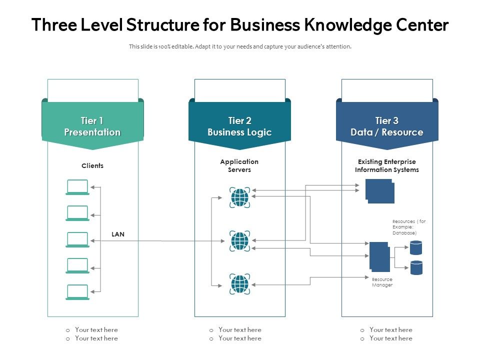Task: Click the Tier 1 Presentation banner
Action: (x=92, y=126)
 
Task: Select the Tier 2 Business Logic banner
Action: (x=239, y=126)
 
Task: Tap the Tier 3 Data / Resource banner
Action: (x=386, y=126)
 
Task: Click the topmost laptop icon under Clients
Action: (x=77, y=187)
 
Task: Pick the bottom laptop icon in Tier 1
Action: (x=77, y=292)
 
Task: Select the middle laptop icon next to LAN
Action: (x=77, y=239)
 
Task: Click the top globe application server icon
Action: (x=239, y=197)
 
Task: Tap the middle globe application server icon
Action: (x=239, y=241)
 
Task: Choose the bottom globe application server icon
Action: (x=239, y=284)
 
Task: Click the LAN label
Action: (x=118, y=234)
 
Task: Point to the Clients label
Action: (x=92, y=165)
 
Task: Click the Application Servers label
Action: (x=239, y=165)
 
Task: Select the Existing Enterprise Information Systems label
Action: (x=386, y=165)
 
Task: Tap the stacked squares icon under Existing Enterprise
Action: (x=380, y=191)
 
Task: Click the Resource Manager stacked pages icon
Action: (x=379, y=256)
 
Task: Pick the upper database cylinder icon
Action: (x=416, y=247)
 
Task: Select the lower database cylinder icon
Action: (x=416, y=267)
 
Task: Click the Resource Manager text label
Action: (x=382, y=282)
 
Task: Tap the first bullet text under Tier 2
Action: (x=239, y=329)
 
